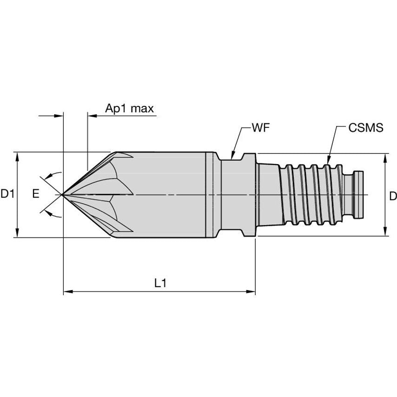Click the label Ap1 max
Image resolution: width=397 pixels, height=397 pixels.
coord(129,108)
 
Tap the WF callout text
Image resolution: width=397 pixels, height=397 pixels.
coord(261,128)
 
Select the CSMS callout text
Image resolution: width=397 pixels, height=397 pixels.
coord(366,128)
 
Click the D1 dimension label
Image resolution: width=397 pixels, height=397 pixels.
coord(7,195)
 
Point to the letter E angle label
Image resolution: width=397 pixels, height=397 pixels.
coord(35,195)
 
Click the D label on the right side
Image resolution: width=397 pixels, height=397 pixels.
coord(392,196)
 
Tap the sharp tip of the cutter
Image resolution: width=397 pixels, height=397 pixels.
coord(63,194)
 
